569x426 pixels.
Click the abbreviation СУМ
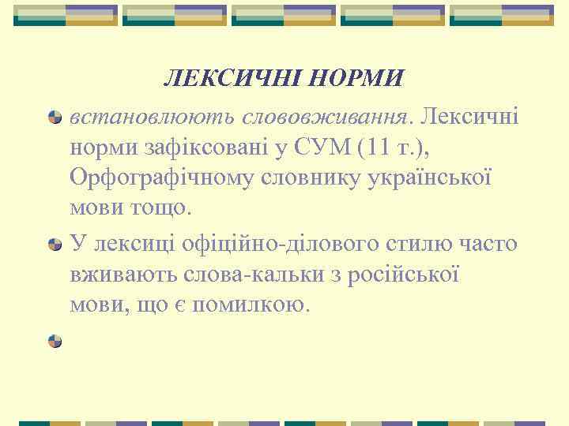point(311,148)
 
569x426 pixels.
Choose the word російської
point(407,275)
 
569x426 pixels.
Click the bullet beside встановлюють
point(55,118)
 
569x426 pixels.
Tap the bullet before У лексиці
point(55,245)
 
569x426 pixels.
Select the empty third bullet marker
point(55,341)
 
